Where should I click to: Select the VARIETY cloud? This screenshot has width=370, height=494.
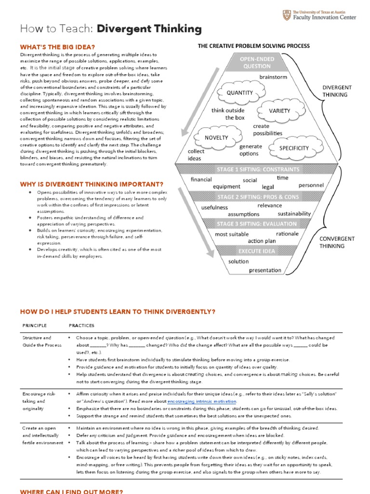(x=279, y=110)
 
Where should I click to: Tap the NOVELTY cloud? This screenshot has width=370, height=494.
(x=216, y=137)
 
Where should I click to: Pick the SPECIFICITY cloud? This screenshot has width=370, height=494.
(x=294, y=148)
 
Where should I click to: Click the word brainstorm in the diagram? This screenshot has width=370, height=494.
(x=273, y=77)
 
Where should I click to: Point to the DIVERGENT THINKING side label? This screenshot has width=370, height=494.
(x=337, y=91)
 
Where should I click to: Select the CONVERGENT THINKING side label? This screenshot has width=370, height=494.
(x=337, y=242)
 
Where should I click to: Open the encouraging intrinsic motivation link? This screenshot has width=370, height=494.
(x=202, y=401)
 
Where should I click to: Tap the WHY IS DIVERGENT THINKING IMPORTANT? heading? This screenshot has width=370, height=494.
(x=92, y=184)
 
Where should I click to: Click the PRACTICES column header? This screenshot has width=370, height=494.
(x=82, y=326)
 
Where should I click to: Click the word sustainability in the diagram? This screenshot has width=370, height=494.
(x=294, y=213)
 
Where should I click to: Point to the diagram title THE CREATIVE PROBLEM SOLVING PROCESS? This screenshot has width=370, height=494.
(x=254, y=46)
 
